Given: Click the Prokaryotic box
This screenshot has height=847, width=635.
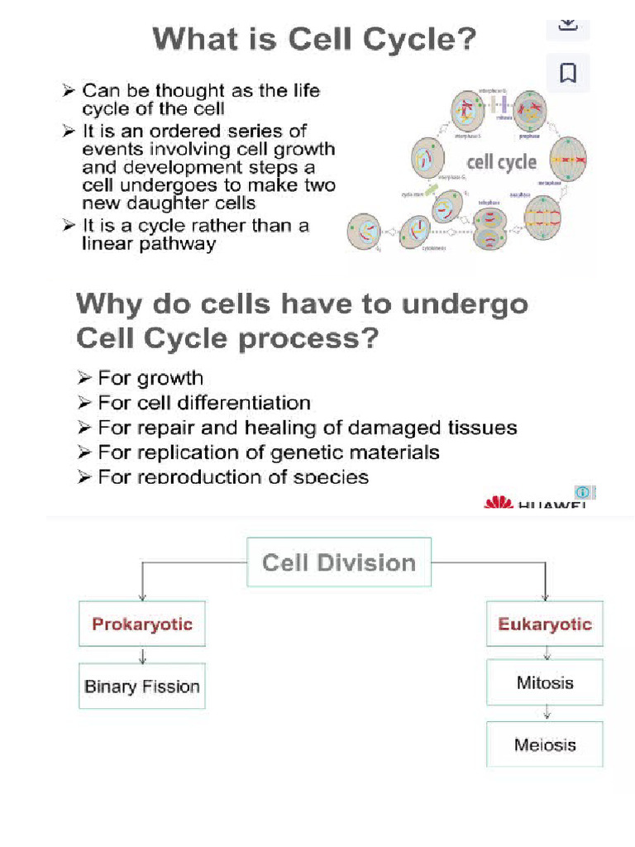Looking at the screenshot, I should tap(142, 624).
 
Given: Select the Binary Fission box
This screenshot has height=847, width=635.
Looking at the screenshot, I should tap(142, 686).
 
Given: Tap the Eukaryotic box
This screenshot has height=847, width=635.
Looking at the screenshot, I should tap(545, 624).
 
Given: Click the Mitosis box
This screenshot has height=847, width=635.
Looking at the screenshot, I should tap(545, 683).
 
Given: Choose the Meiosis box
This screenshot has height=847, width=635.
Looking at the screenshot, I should tap(545, 744).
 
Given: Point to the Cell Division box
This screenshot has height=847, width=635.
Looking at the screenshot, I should tap(339, 562).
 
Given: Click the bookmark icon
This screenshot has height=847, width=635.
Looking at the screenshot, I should tap(568, 74).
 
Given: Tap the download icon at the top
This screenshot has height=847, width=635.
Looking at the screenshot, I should tap(568, 22).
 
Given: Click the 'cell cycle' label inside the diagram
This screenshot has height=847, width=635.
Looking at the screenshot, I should tap(502, 162).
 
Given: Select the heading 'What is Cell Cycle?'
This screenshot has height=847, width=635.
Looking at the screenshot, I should tap(315, 40).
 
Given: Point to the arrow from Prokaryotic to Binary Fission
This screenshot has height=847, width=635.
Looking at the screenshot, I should tap(142, 655).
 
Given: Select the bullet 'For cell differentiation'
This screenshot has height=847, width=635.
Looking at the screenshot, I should tap(203, 403).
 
